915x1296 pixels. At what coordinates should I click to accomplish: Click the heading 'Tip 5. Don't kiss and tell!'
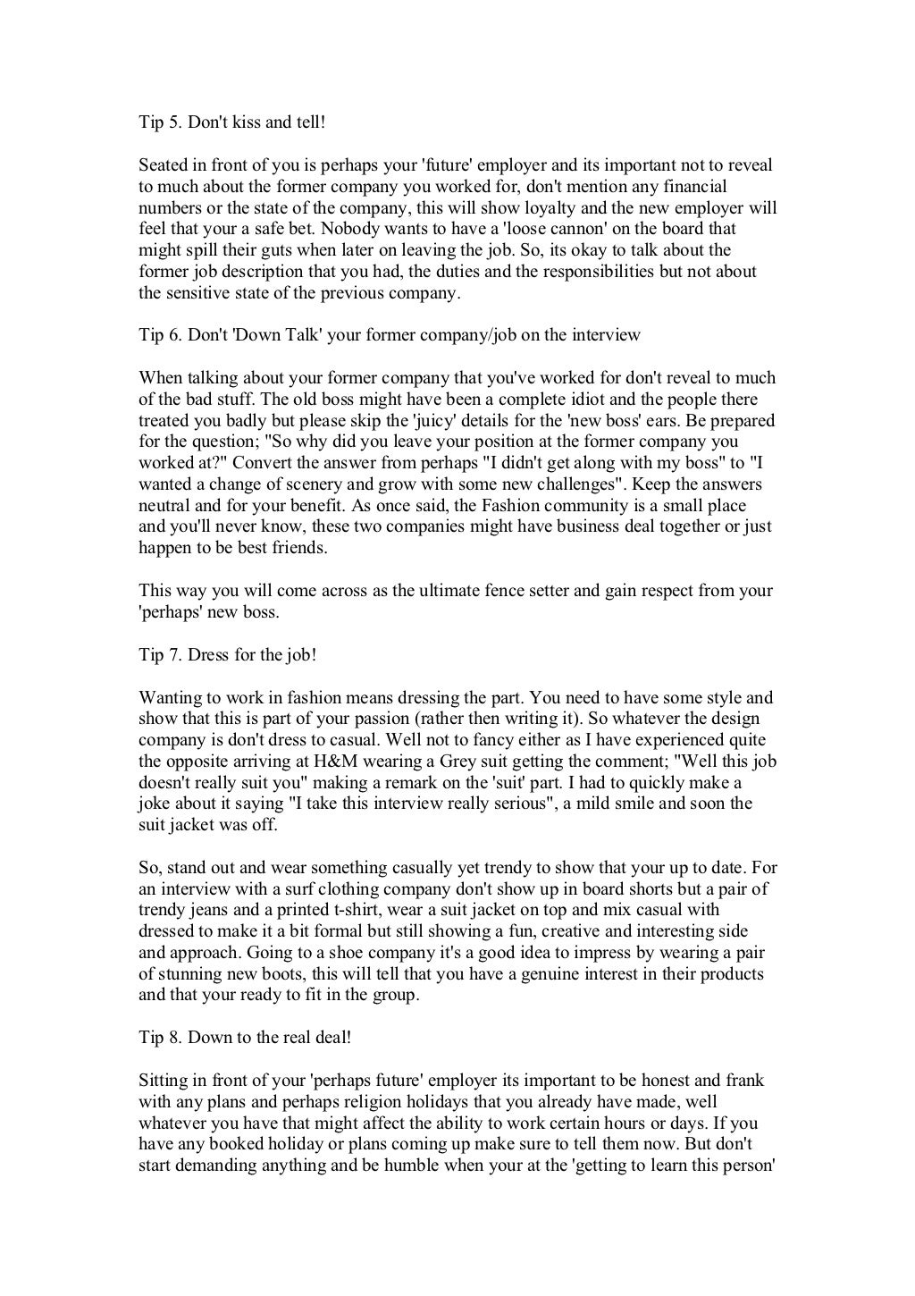coord(232,122)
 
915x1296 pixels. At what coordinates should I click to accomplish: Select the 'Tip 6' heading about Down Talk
coord(390,335)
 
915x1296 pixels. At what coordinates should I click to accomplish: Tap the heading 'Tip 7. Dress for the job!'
coord(228,655)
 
